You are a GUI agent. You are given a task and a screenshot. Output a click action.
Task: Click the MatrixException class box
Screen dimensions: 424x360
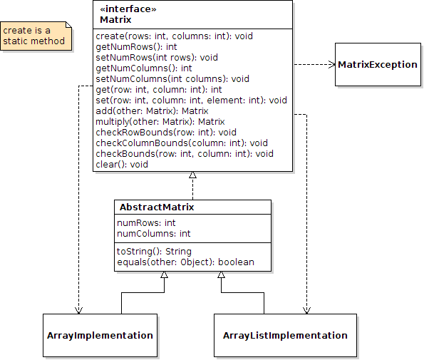(378, 64)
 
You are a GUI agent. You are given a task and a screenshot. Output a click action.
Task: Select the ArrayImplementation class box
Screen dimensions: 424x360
(100, 335)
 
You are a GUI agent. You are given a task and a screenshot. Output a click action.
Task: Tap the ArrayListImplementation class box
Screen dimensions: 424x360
(285, 335)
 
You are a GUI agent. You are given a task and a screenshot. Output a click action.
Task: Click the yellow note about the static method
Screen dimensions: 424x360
(36, 36)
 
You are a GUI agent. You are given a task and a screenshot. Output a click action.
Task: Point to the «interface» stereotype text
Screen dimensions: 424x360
(128, 9)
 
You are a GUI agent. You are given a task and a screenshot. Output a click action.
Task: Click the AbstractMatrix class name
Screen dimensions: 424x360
(157, 207)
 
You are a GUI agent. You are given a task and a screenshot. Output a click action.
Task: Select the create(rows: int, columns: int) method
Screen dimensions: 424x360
(174, 36)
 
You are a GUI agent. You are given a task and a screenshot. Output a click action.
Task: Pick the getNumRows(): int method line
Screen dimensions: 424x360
(136, 47)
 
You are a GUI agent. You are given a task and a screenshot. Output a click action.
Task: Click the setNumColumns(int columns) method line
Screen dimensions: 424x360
(172, 79)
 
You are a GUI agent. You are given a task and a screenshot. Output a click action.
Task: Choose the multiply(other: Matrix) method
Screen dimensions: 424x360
(160, 122)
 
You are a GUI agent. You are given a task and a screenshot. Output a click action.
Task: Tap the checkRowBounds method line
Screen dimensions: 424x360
(166, 133)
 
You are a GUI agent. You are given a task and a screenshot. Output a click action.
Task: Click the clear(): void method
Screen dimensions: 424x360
(122, 165)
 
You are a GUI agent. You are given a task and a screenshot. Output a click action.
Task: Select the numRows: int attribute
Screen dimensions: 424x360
(146, 223)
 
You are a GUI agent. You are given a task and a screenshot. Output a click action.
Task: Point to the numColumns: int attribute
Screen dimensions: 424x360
(154, 233)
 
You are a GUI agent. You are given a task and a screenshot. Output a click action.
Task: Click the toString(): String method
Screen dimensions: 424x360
(154, 252)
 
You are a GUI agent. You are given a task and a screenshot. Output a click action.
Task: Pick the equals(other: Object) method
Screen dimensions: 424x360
(185, 262)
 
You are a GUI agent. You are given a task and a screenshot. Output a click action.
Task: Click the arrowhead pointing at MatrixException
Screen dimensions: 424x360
(332, 64)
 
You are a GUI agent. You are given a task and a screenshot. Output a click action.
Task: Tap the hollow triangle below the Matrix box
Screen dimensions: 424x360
(193, 175)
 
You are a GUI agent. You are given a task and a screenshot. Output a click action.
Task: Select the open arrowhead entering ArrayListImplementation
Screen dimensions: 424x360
(306, 311)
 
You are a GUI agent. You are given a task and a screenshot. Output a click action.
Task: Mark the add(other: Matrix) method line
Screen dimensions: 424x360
(152, 111)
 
